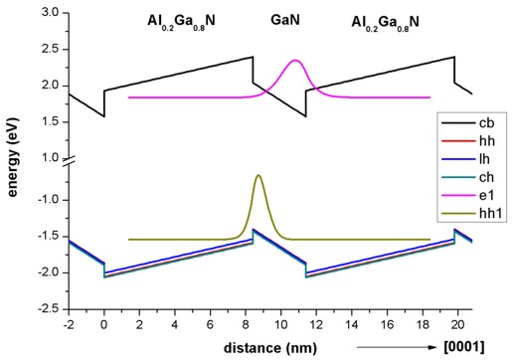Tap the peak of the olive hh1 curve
pos(259,176)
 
